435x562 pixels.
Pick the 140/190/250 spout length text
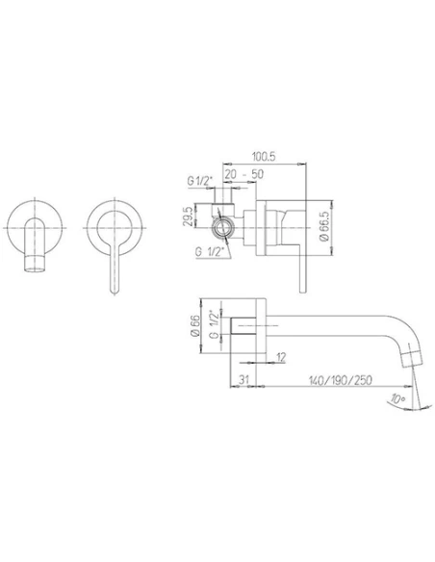(331, 380)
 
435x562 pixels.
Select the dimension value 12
(280, 358)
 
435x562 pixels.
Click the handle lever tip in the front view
(115, 286)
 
